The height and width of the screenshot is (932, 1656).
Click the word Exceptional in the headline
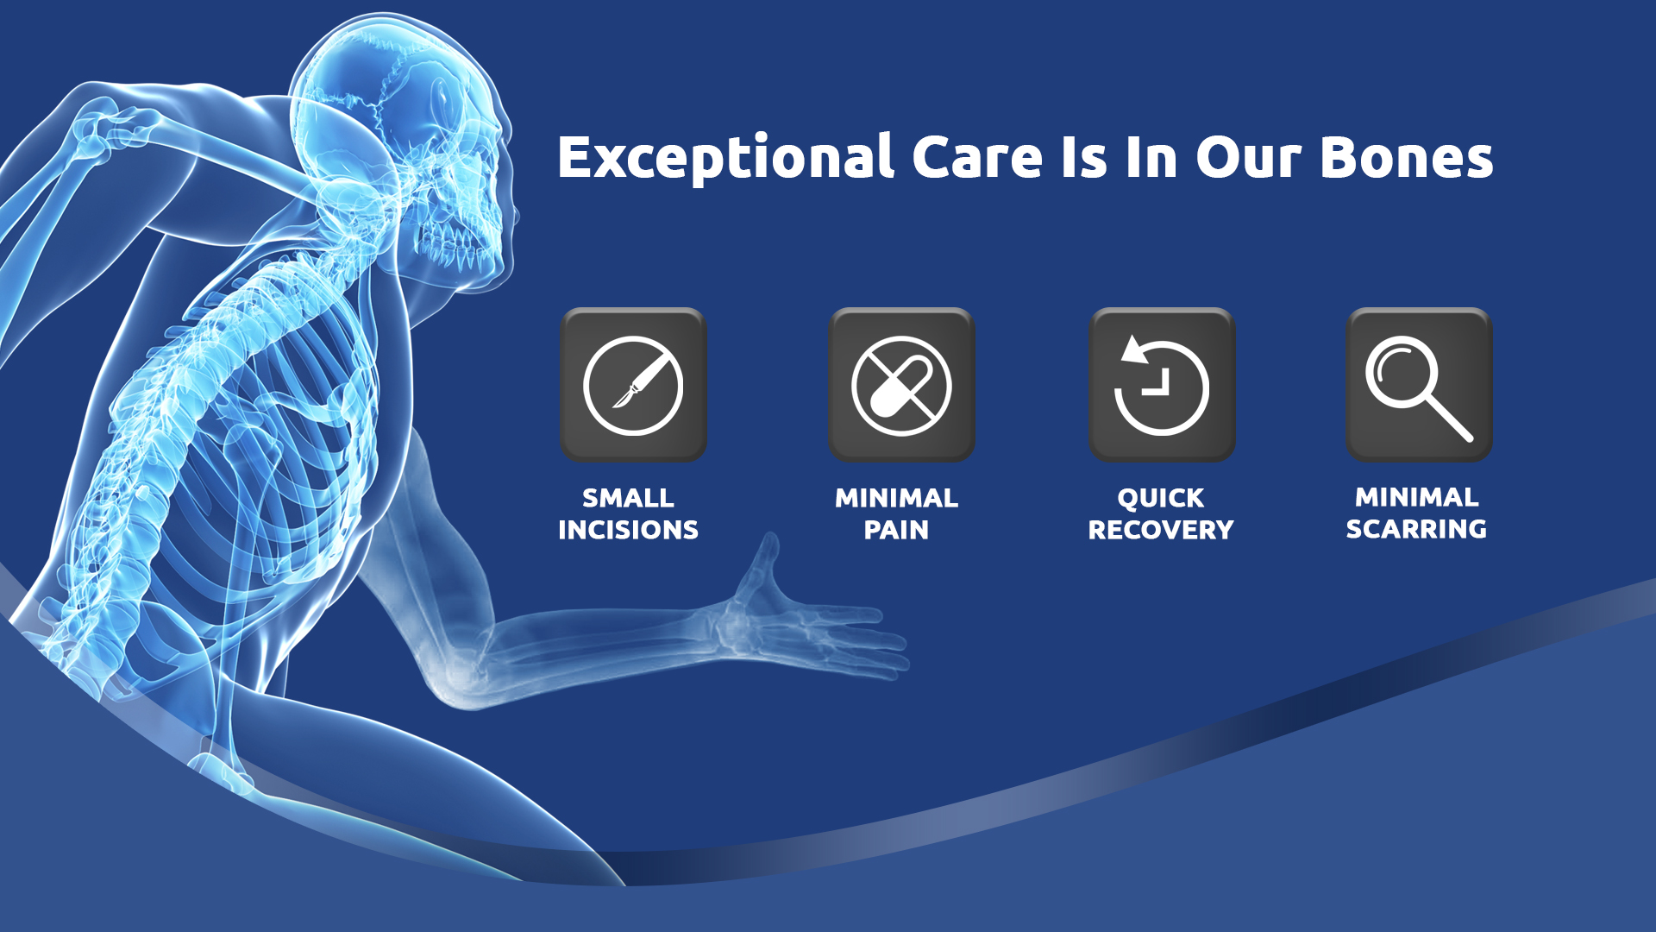[725, 158]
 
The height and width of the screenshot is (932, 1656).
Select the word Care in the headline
[976, 158]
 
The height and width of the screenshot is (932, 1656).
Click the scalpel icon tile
[633, 385]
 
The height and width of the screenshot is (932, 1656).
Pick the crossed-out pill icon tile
[901, 385]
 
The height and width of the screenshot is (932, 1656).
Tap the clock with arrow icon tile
[1162, 385]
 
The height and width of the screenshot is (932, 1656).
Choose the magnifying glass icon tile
[1419, 385]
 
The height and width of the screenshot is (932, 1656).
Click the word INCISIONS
[628, 530]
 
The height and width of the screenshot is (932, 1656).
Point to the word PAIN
[896, 530]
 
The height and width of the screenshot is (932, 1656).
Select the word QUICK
[1161, 498]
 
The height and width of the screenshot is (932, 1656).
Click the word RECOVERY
[1161, 530]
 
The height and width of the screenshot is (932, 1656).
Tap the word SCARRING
[1416, 528]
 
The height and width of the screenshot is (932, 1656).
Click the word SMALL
[628, 498]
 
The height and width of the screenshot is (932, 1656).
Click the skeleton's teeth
[457, 246]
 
